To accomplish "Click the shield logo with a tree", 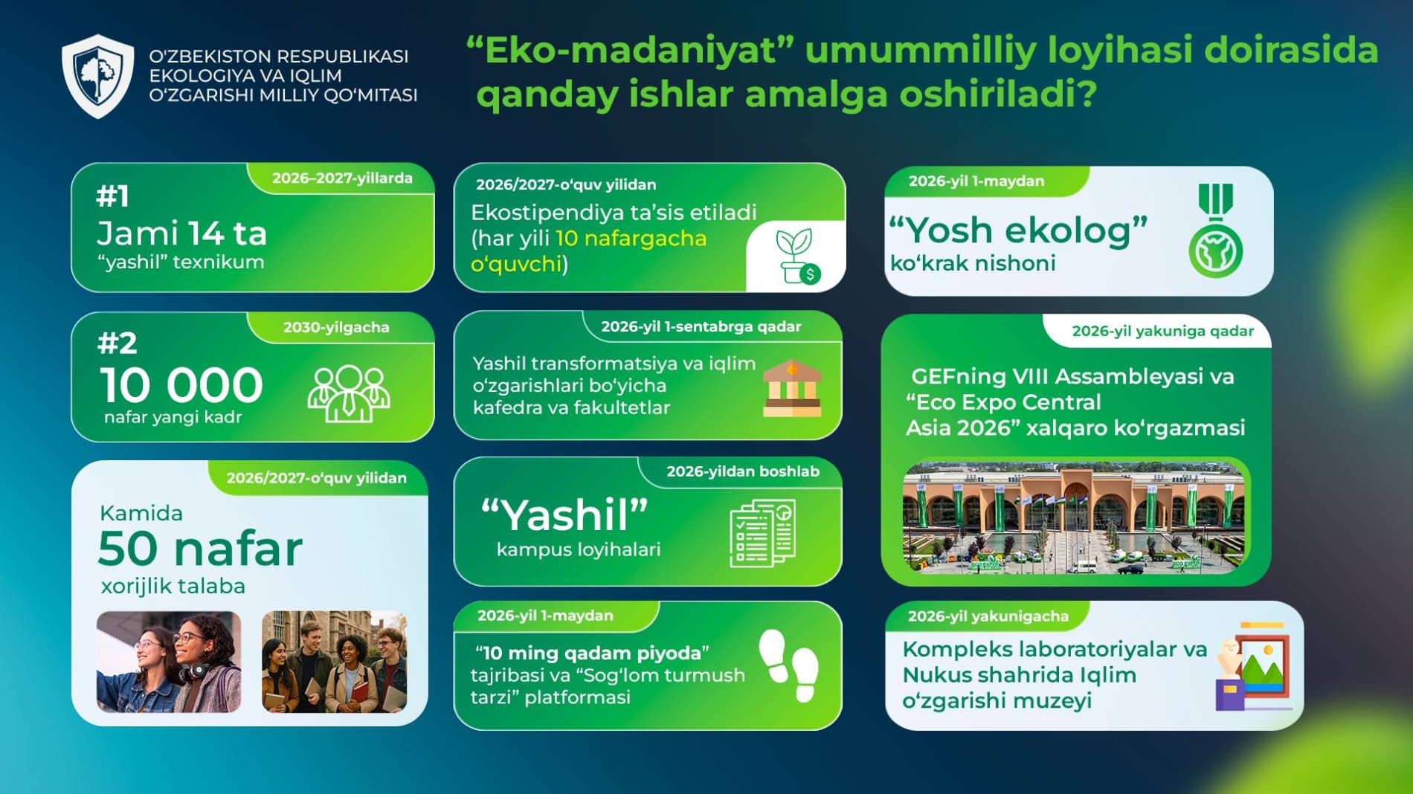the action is pyautogui.click(x=97, y=76).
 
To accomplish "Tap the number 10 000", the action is pyautogui.click(x=181, y=385).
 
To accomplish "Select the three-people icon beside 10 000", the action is pyautogui.click(x=349, y=393).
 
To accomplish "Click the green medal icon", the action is pyautogui.click(x=1215, y=231).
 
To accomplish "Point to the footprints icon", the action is pyautogui.click(x=789, y=665).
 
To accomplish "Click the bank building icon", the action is pyautogui.click(x=792, y=388).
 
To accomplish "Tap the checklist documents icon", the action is pyautogui.click(x=763, y=533).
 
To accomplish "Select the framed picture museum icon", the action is pyautogui.click(x=1252, y=667).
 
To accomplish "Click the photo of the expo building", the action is pyautogui.click(x=1074, y=517).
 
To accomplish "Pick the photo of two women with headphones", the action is pyautogui.click(x=169, y=662).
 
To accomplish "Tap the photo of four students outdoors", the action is pyautogui.click(x=335, y=662).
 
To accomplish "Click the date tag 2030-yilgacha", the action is pyautogui.click(x=336, y=327).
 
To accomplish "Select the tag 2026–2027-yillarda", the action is pyautogui.click(x=342, y=178).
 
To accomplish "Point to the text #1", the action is pyautogui.click(x=113, y=196).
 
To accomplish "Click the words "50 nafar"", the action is pyautogui.click(x=200, y=549).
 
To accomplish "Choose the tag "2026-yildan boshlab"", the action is pyautogui.click(x=743, y=471).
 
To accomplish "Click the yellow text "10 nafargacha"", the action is pyautogui.click(x=631, y=239).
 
